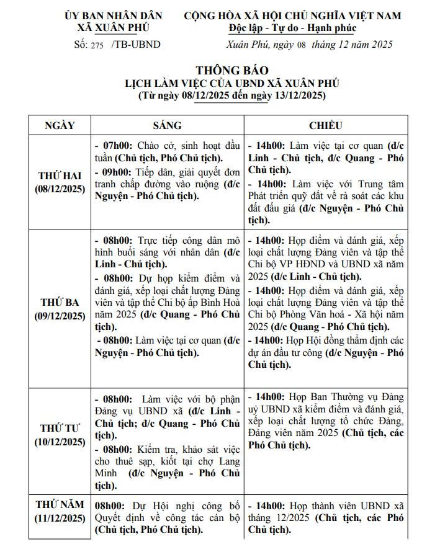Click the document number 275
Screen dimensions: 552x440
(x=99, y=45)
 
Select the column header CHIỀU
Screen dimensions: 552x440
(x=325, y=125)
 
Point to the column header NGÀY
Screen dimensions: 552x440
(x=60, y=125)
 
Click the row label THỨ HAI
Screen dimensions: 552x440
(x=60, y=176)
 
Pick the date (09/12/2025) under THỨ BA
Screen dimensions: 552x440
(x=60, y=316)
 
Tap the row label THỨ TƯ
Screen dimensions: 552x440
(x=60, y=429)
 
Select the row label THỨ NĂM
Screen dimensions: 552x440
(x=60, y=505)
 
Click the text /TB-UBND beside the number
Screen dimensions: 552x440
(x=136, y=45)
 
